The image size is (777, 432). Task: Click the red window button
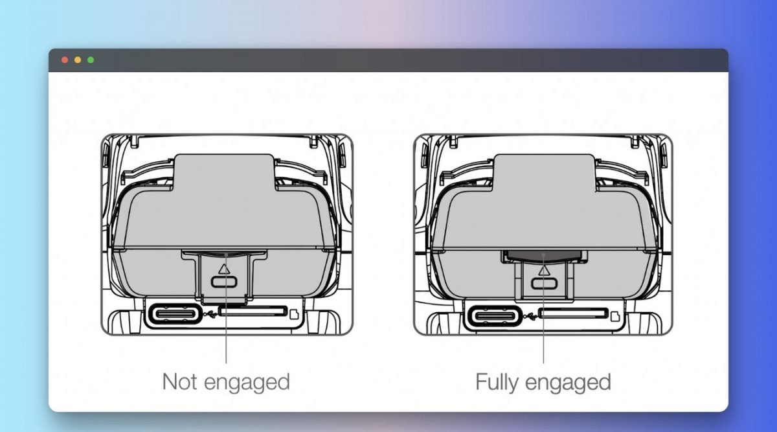[65, 60]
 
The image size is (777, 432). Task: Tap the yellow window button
[78, 60]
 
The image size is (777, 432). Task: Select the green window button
[91, 60]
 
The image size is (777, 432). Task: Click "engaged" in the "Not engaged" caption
[247, 383]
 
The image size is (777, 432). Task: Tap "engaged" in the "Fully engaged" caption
[568, 383]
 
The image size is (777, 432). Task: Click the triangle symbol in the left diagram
[224, 269]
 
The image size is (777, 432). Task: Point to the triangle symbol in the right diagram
[544, 270]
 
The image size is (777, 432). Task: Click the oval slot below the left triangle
[224, 282]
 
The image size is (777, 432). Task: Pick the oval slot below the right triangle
[544, 284]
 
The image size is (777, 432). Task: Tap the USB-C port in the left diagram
[175, 314]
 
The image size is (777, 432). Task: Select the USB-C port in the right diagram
[495, 316]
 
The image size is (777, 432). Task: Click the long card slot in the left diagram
[253, 312]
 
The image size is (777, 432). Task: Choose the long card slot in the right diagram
[574, 313]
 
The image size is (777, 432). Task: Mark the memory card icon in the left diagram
[294, 314]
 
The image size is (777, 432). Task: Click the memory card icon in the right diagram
[615, 316]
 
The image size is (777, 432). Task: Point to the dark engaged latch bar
[543, 256]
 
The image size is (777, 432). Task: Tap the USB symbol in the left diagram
[210, 314]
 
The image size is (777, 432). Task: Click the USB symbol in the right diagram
[530, 316]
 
